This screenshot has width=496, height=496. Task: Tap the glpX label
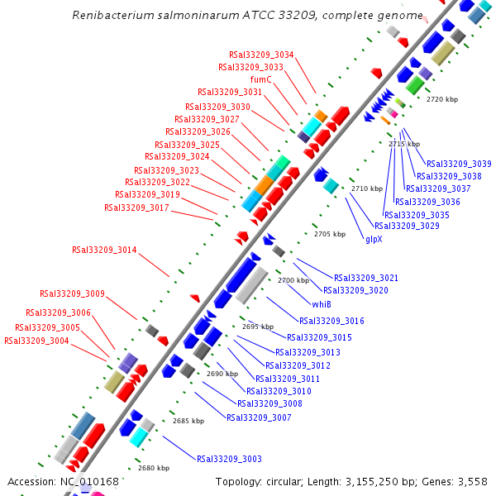tap(374, 239)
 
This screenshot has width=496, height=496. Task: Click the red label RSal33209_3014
tap(104, 249)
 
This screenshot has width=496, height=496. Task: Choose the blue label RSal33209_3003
tap(229, 459)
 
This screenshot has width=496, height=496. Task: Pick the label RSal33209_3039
tap(459, 164)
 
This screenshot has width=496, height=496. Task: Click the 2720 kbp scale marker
tap(441, 99)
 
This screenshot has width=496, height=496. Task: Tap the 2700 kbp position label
tap(293, 281)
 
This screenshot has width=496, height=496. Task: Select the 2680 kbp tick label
tap(154, 468)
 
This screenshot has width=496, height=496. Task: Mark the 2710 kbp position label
tap(367, 189)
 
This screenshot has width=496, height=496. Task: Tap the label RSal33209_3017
tap(136, 207)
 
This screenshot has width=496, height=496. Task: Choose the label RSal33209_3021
tap(366, 278)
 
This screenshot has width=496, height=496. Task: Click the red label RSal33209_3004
tap(36, 341)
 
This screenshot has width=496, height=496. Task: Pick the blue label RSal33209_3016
tap(331, 321)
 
